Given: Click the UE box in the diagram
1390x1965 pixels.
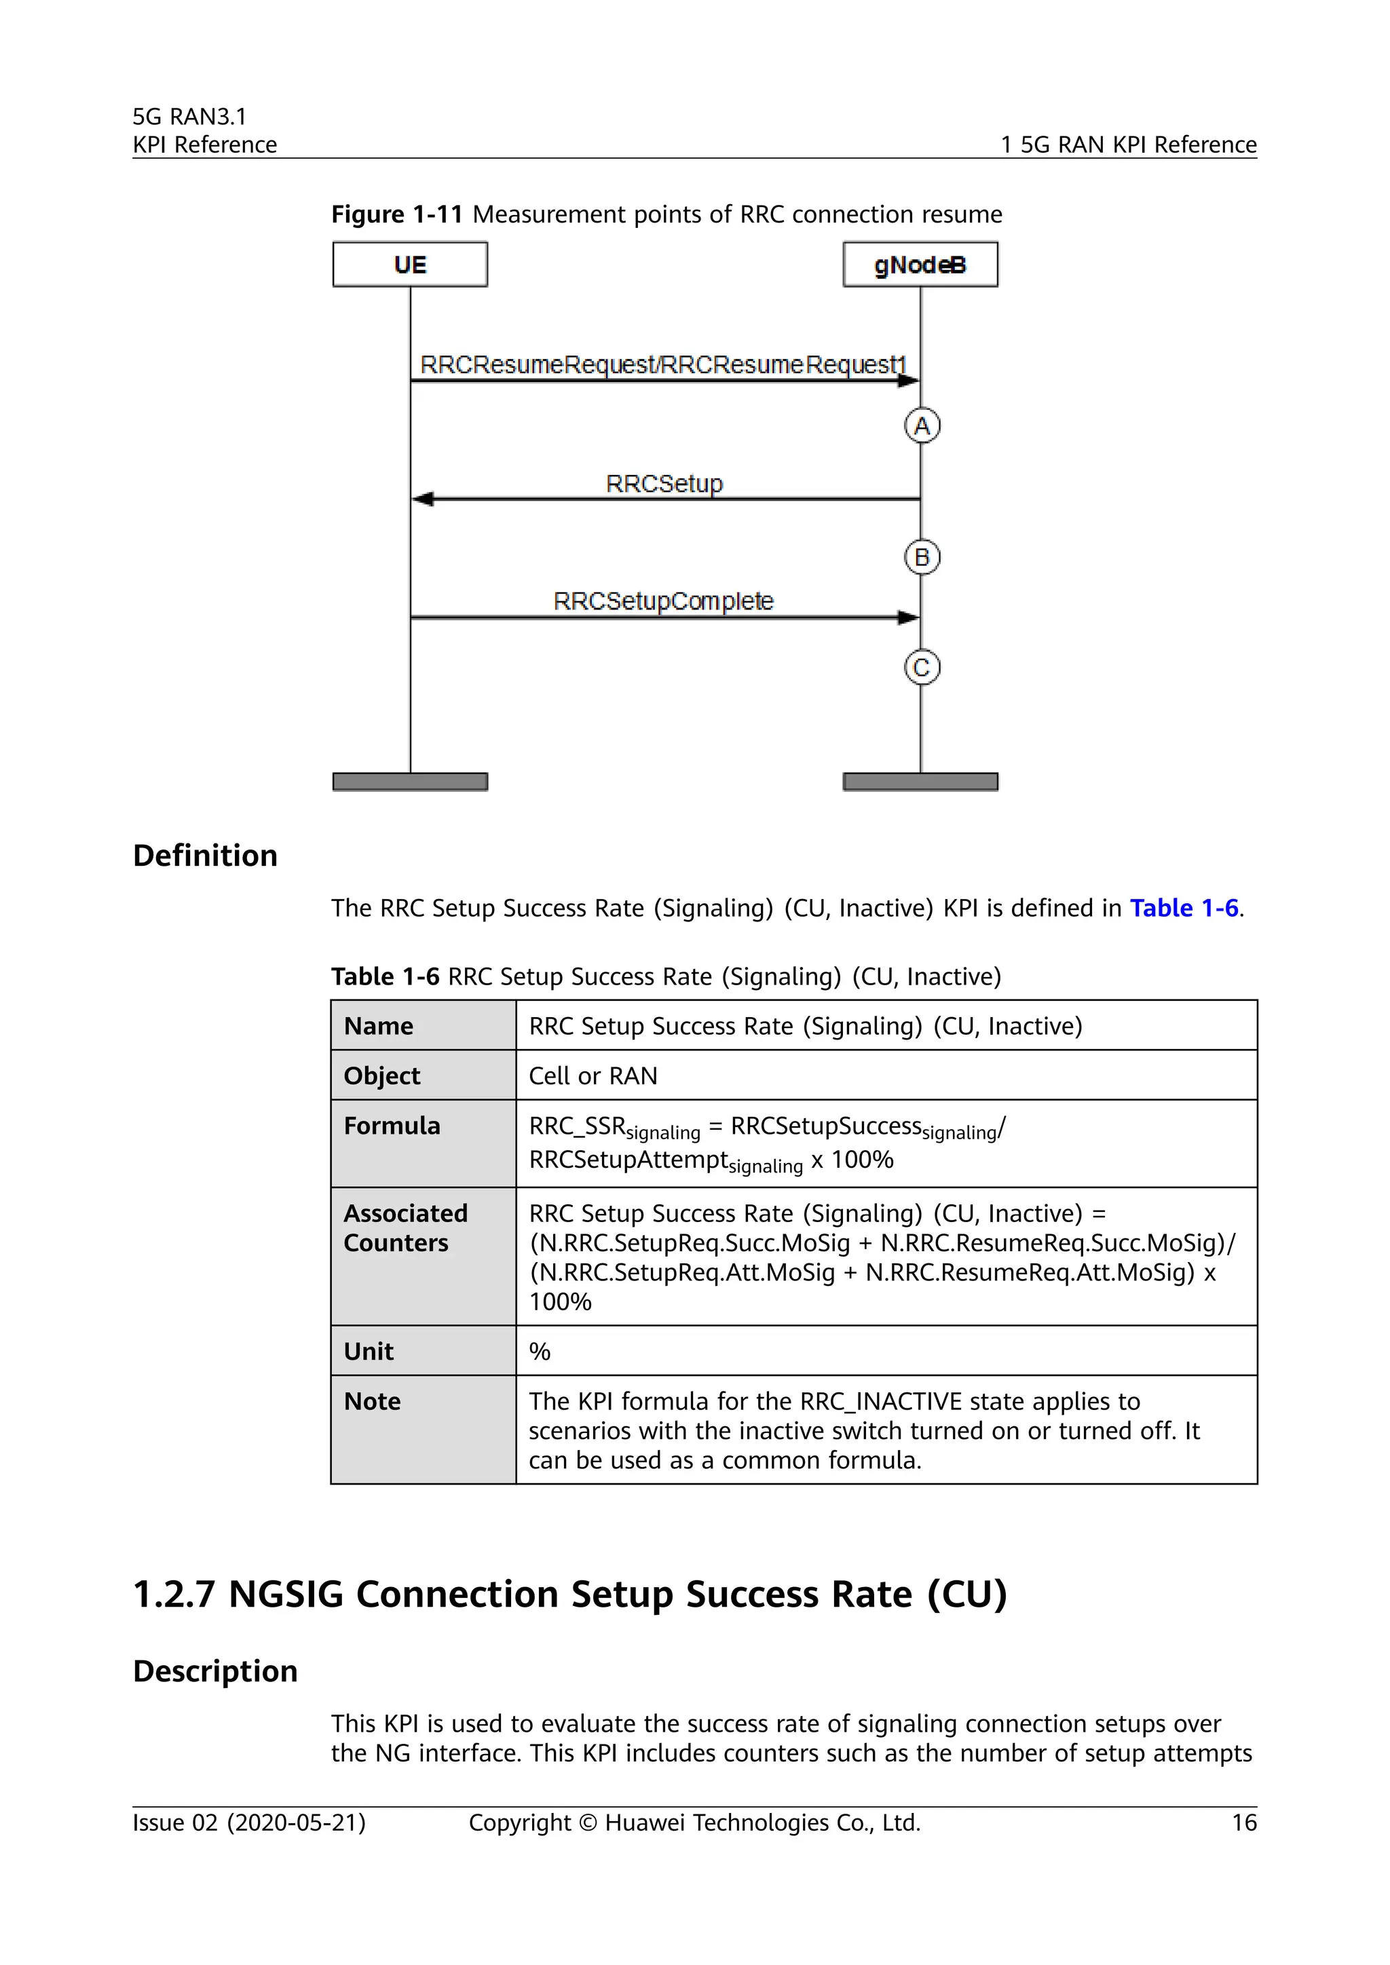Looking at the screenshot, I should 410,265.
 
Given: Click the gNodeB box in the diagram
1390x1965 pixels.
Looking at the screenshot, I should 920,265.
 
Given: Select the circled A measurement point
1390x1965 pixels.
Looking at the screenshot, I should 922,425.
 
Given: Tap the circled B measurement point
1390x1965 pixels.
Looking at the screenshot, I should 922,557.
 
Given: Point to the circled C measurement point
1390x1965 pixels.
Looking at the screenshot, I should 922,667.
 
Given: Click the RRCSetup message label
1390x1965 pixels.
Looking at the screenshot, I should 664,484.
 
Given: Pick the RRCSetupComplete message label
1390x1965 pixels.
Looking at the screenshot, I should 663,600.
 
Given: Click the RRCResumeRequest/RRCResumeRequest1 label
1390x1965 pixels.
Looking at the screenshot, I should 662,364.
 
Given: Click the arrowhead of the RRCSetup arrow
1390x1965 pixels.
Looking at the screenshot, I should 423,499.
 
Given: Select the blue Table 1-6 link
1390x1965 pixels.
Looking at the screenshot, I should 1184,908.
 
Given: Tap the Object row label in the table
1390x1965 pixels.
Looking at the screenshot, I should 381,1075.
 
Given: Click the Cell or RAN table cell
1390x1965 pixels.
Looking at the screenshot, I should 593,1075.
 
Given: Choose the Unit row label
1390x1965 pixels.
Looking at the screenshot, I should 369,1352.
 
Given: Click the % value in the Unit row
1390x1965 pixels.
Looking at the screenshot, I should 539,1352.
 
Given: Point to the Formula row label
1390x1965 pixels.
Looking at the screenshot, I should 392,1126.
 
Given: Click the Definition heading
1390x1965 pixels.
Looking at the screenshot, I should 206,855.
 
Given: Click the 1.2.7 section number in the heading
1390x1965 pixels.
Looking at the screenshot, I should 174,1595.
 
